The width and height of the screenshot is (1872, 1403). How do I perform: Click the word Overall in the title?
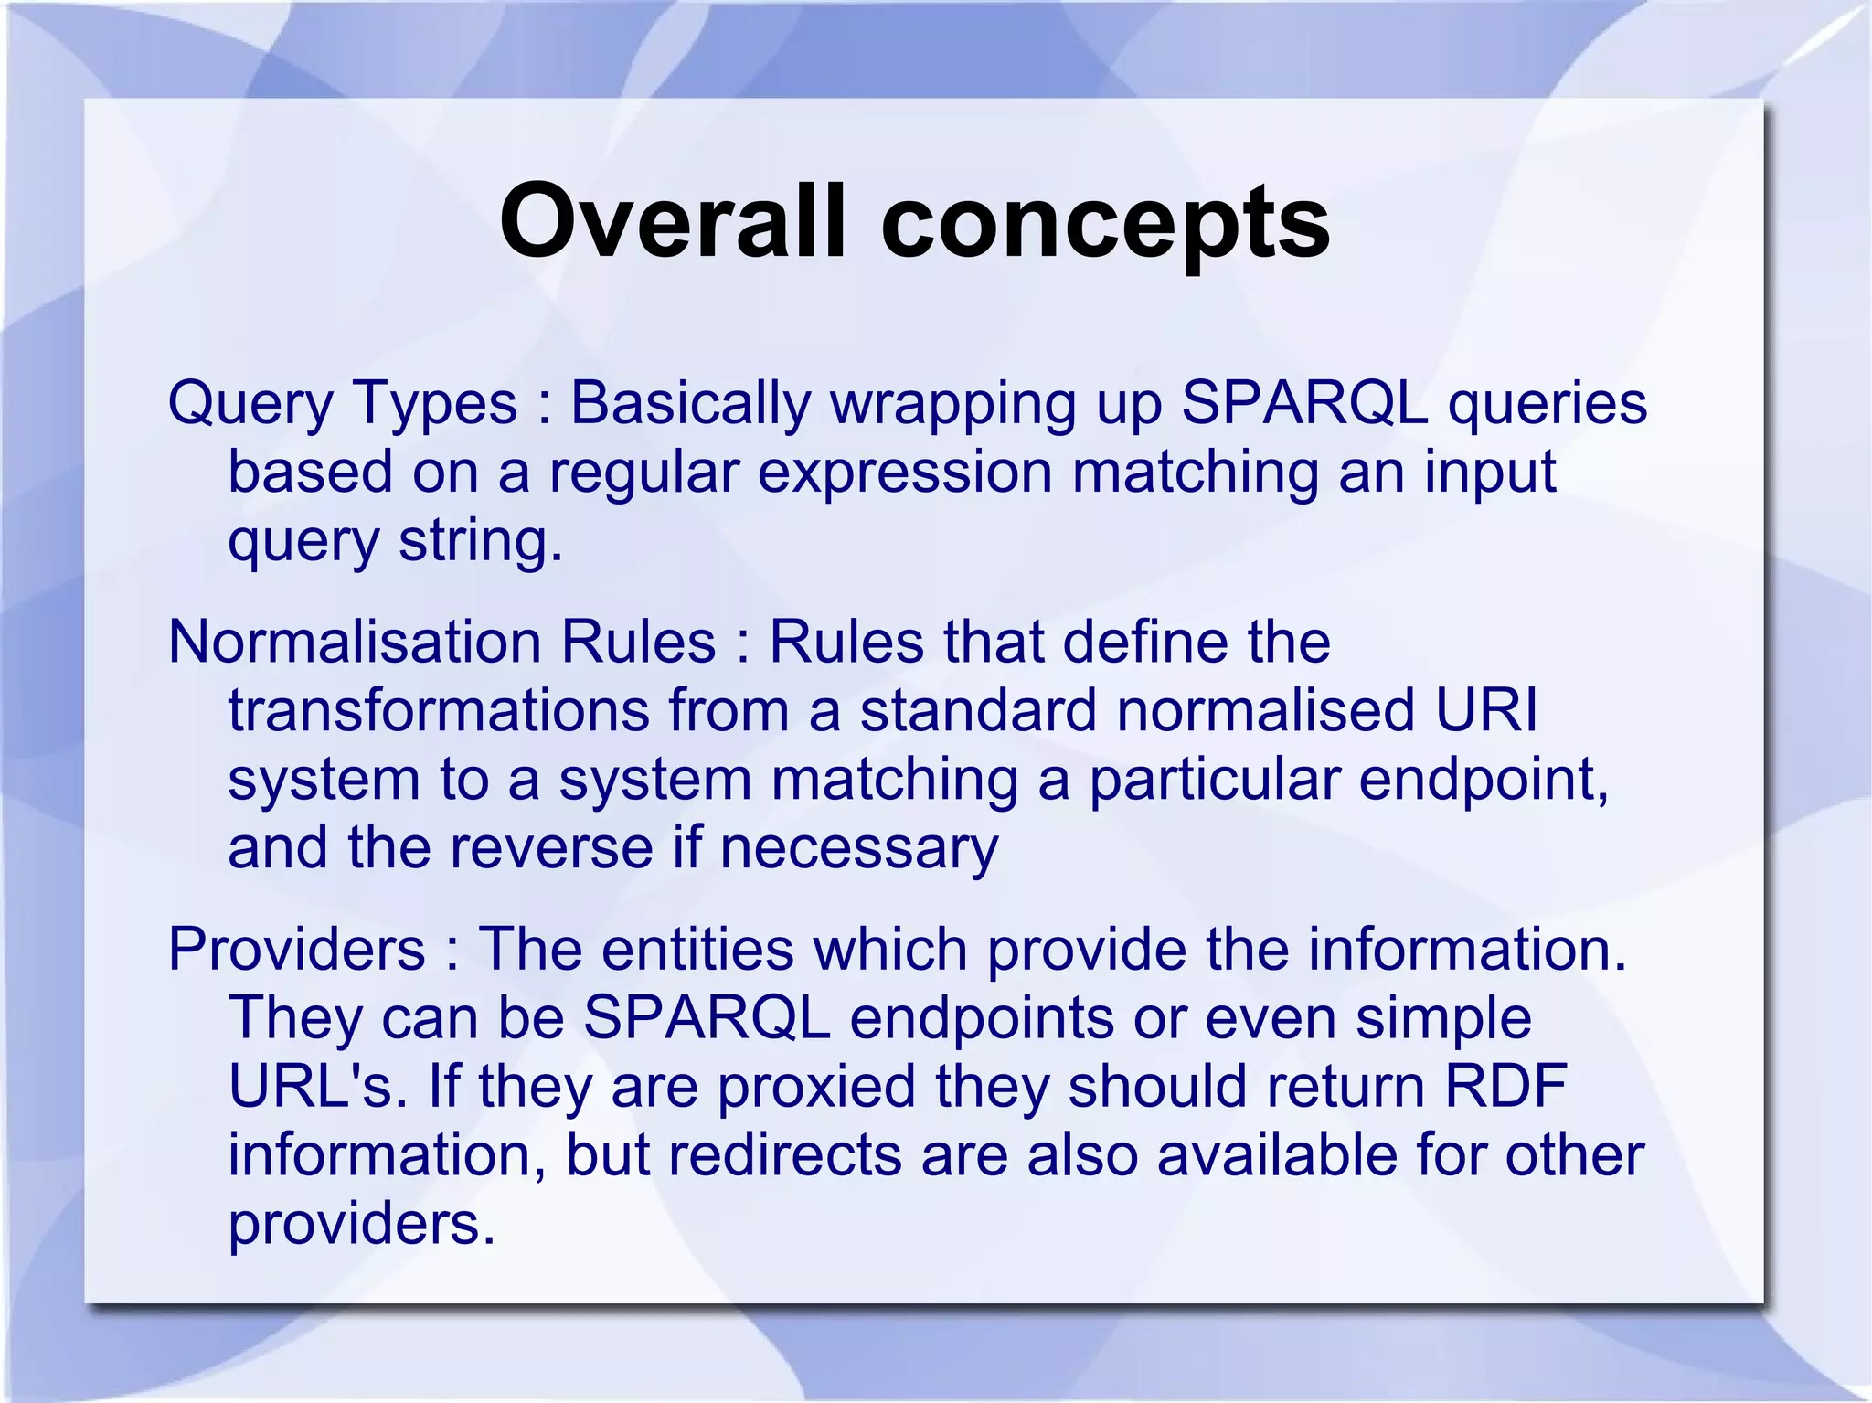tap(673, 221)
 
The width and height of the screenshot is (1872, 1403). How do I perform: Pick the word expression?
tap(905, 473)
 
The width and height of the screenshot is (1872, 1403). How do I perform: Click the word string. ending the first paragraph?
tap(481, 541)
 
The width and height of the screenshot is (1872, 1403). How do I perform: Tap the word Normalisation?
tap(355, 642)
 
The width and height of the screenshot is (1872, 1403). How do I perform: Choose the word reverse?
tap(551, 848)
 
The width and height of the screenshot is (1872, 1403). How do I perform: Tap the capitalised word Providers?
tap(297, 950)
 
